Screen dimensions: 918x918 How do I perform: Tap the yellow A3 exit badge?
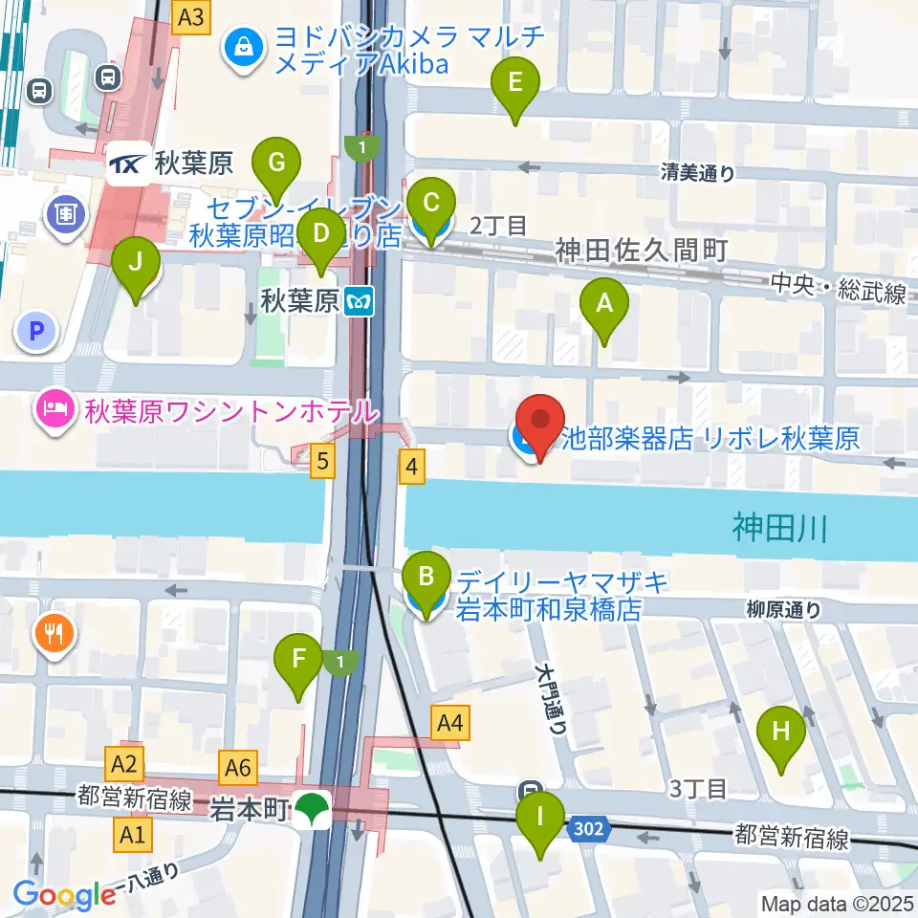point(191,16)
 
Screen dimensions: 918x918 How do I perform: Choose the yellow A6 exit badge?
point(238,765)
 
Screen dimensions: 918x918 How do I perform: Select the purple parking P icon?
point(36,332)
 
